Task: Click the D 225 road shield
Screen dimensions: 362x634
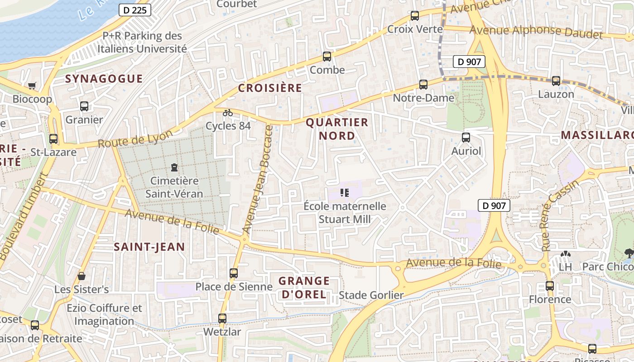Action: point(135,10)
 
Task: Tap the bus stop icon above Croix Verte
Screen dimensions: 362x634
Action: point(414,16)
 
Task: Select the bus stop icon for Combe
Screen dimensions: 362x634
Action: point(327,57)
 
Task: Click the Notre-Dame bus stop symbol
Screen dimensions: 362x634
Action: point(423,84)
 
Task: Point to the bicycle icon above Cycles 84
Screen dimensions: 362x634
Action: point(228,112)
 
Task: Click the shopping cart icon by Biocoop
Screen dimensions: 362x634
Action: point(32,86)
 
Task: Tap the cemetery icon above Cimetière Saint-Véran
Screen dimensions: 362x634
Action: point(174,167)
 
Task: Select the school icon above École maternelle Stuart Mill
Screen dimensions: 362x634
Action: point(345,193)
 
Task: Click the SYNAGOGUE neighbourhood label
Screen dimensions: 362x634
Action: point(104,79)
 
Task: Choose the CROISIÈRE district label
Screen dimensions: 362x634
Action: point(270,88)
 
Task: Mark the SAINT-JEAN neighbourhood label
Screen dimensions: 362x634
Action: point(149,247)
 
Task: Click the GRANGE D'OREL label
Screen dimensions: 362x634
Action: point(304,288)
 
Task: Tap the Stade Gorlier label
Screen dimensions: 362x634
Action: point(371,295)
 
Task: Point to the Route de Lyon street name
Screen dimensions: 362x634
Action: point(135,139)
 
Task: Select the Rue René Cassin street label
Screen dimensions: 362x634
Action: point(560,215)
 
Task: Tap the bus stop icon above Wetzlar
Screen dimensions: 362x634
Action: point(222,318)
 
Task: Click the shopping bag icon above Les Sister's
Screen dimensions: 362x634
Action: point(82,276)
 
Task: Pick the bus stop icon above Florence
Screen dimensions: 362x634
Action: point(550,286)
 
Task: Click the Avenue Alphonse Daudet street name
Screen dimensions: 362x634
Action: point(536,32)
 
